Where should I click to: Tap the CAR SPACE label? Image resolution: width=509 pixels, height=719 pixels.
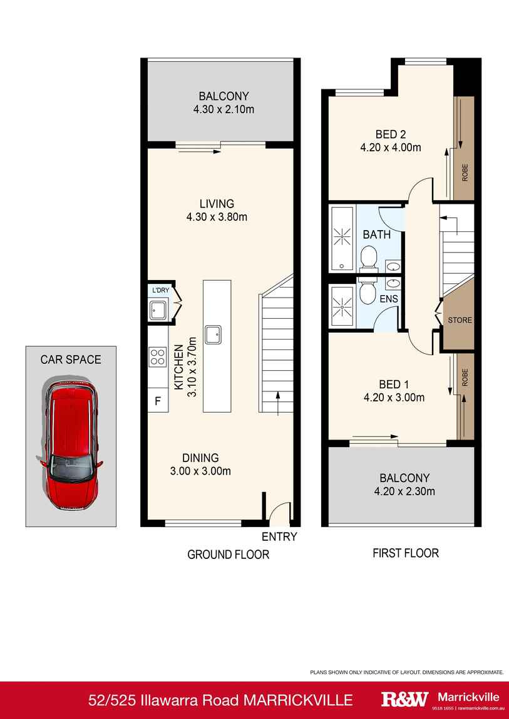[70, 359]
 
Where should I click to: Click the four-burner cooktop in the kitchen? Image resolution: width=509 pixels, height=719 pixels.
[157, 356]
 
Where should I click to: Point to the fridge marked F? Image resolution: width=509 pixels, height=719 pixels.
[157, 401]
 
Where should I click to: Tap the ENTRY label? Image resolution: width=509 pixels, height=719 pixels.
[279, 536]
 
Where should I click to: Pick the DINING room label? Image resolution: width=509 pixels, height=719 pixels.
[200, 458]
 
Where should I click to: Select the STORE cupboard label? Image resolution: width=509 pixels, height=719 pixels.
[459, 320]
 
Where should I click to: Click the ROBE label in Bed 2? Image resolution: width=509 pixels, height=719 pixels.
[465, 172]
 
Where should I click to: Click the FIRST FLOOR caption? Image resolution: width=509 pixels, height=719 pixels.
[405, 553]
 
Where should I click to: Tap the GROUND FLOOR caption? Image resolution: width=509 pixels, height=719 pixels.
[229, 554]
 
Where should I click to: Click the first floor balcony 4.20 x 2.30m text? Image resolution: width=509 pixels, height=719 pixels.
[404, 491]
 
